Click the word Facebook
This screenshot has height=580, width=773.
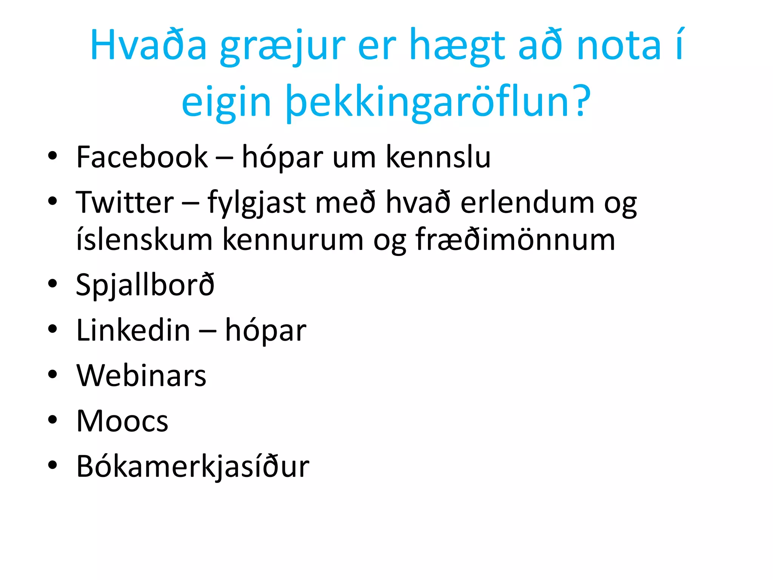tap(142, 157)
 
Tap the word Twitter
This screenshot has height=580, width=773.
tap(125, 203)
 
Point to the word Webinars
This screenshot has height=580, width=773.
tap(141, 376)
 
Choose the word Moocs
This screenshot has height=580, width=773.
tap(122, 421)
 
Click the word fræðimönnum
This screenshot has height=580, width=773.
tap(515, 240)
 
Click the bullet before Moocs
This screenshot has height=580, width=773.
tap(52, 420)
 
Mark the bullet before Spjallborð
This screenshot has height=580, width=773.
tap(52, 284)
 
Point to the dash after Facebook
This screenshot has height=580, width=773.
tap(224, 158)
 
